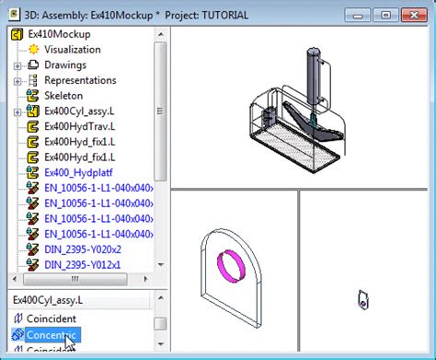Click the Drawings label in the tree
point(65,65)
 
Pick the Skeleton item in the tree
point(63,96)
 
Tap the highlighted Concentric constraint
point(52,334)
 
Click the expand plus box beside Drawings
point(17,65)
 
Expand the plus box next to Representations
point(17,81)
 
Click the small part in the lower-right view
point(364,298)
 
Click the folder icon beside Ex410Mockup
point(16,34)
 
